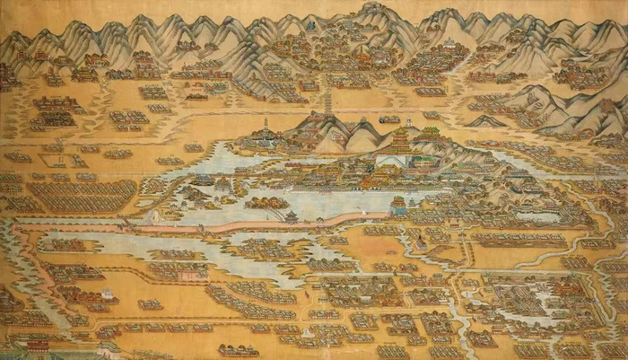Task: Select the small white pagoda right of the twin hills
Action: click(x=409, y=123)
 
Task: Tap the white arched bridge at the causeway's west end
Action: click(x=158, y=217)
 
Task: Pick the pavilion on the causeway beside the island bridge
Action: click(x=292, y=216)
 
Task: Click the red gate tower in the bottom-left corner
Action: click(x=36, y=346)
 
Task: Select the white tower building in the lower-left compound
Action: click(x=108, y=294)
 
